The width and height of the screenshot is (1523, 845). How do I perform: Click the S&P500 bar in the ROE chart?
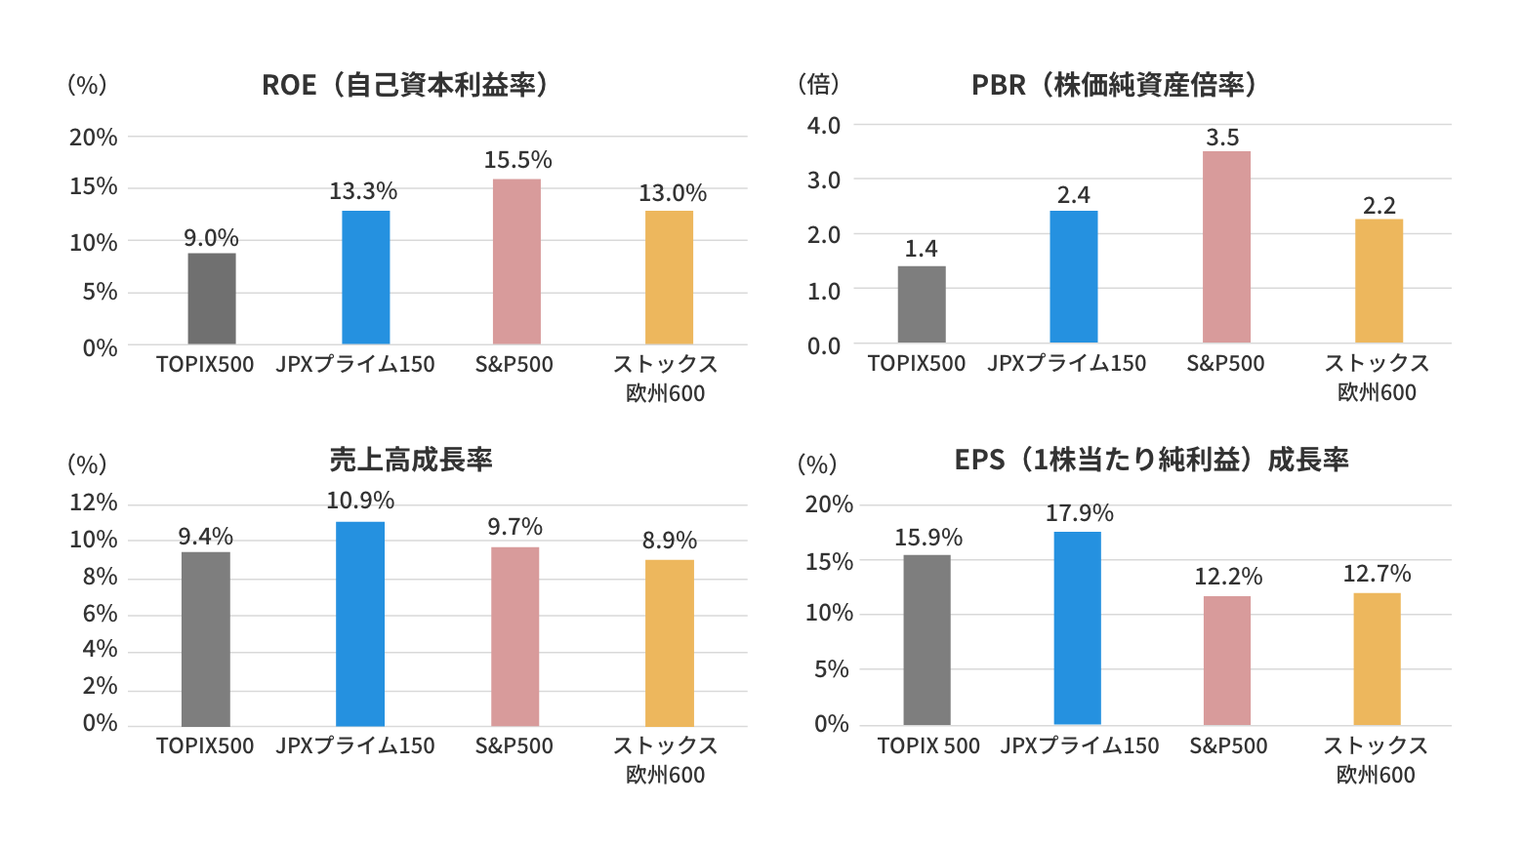pos(516,262)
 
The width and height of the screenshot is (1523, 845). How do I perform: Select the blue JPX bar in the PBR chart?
pos(1073,277)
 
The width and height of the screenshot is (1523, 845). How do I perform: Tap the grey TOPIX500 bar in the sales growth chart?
pos(206,639)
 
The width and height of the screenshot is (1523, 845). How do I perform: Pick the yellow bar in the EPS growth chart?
pos(1377,659)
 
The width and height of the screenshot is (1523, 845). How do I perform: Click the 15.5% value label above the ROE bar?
pos(517,160)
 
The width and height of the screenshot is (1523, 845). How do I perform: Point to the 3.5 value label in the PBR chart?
pos(1222,138)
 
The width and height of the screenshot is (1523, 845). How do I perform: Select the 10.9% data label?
pos(360,501)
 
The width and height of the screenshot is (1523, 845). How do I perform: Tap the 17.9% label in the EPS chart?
pos(1079,513)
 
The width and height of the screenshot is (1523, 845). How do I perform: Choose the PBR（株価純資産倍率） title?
pos(1114,85)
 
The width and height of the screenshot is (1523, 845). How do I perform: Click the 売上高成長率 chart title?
pos(411,460)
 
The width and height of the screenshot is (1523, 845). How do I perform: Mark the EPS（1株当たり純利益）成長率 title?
pos(1151,460)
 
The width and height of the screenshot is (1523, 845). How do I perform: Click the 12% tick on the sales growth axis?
pos(94,503)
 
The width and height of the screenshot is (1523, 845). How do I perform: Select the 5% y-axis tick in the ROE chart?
pos(100,292)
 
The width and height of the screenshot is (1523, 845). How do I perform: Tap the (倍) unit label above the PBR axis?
pos(818,85)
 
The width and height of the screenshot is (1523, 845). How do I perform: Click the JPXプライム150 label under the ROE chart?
pos(355,365)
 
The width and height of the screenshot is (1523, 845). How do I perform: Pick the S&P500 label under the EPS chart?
pos(1228,746)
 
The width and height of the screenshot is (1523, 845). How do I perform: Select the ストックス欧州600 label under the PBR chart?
pos(1377,378)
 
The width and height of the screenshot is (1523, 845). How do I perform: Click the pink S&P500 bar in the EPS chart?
pos(1226,661)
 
